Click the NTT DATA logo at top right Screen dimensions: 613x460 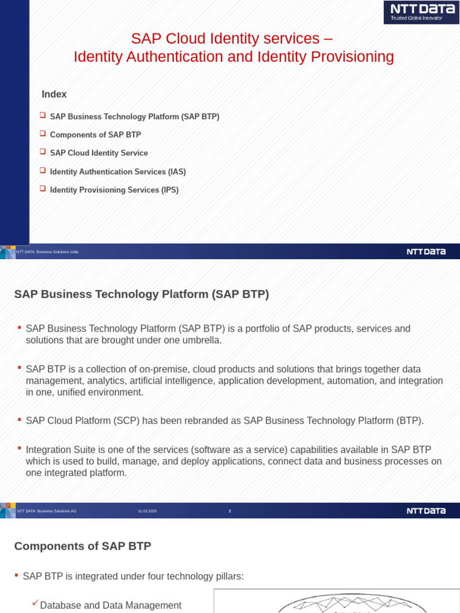pyautogui.click(x=421, y=12)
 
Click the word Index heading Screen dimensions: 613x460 pyautogui.click(x=54, y=95)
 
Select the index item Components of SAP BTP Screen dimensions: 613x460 pyautogui.click(x=95, y=135)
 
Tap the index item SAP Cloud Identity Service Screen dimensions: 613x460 pyautogui.click(x=99, y=153)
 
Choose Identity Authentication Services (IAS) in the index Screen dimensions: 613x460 pyautogui.click(x=118, y=172)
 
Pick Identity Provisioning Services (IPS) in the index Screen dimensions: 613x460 pyautogui.click(x=114, y=190)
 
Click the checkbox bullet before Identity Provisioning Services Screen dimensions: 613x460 pyautogui.click(x=43, y=189)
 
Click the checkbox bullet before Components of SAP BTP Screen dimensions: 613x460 pyautogui.click(x=43, y=133)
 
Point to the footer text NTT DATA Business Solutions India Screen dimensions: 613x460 pyautogui.click(x=47, y=252)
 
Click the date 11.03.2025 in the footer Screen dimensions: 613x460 pyautogui.click(x=147, y=511)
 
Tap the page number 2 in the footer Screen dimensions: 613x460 pyautogui.click(x=229, y=511)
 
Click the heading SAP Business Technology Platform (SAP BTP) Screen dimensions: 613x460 pyautogui.click(x=141, y=295)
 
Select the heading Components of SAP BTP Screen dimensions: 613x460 pyautogui.click(x=83, y=546)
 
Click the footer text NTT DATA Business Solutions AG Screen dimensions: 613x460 pyautogui.click(x=47, y=511)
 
